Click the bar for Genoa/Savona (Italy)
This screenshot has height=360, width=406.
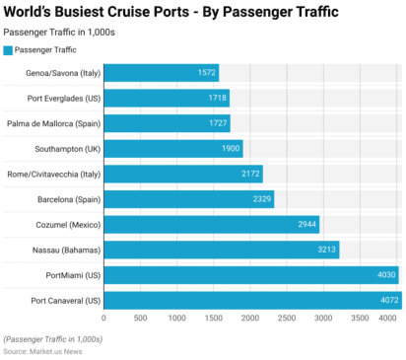coord(161,73)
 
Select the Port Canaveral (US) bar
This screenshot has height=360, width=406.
coord(251,300)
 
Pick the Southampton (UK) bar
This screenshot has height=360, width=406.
coord(172,149)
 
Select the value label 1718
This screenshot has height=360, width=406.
coord(217,99)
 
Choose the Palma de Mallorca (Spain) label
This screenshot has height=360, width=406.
coord(52,123)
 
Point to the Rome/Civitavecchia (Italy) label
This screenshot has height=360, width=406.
coord(53,174)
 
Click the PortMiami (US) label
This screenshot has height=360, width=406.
coord(73,275)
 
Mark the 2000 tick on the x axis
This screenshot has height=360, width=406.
coord(250,319)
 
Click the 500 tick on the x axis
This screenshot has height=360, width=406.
coord(140,319)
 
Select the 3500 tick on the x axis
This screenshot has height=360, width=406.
coord(360,319)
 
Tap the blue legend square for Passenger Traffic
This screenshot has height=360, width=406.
coord(8,49)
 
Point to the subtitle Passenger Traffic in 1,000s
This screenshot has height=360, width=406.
coord(65,32)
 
